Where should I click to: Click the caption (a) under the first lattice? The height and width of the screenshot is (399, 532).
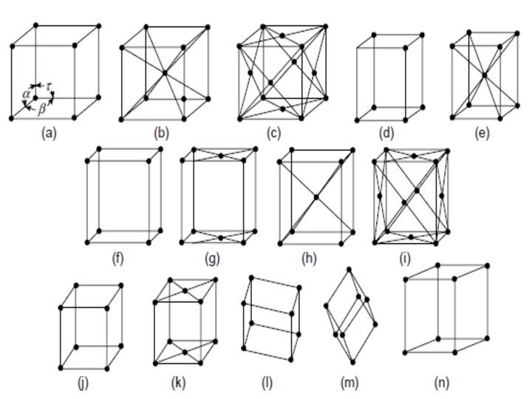click(50, 134)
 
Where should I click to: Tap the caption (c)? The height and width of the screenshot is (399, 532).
click(275, 134)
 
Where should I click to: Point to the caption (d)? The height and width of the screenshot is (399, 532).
click(386, 134)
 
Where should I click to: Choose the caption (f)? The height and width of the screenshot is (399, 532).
click(117, 259)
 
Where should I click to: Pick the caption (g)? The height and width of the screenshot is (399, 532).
click(214, 259)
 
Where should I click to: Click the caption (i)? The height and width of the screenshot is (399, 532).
click(406, 259)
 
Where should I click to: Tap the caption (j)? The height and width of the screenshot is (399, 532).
click(82, 383)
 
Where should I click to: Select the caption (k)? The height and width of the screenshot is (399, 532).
click(180, 383)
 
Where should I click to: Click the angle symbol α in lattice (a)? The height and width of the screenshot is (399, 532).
click(26, 95)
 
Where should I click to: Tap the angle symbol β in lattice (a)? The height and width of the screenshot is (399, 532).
click(42, 107)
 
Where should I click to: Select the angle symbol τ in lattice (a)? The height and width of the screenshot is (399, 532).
click(49, 86)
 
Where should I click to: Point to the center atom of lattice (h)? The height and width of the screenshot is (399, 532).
click(316, 197)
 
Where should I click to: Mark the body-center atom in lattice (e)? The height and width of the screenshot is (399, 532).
click(483, 75)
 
